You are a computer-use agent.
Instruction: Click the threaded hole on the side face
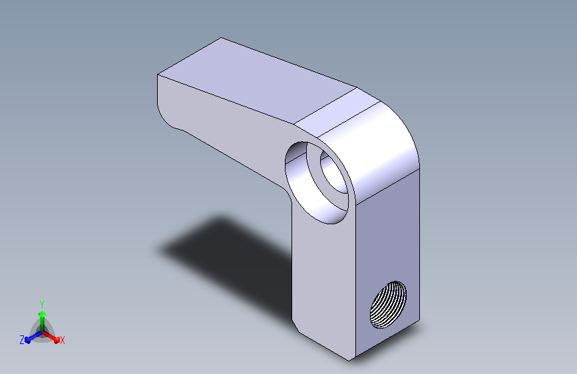pyautogui.click(x=388, y=305)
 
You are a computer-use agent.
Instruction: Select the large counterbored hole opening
pyautogui.click(x=317, y=182)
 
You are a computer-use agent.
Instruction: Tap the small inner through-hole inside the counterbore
pyautogui.click(x=334, y=172)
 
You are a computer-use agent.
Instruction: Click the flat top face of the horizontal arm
pyautogui.click(x=258, y=81)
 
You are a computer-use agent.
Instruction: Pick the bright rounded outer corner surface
pyautogui.click(x=379, y=147)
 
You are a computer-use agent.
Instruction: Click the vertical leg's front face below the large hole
pyautogui.click(x=324, y=280)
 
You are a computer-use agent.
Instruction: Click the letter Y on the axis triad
pyautogui.click(x=42, y=305)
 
